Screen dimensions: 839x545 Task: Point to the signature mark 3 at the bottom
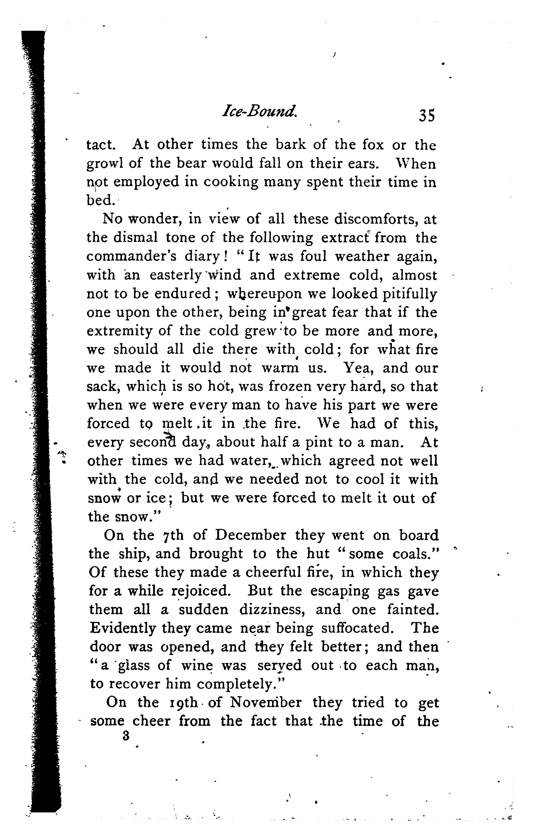click(x=125, y=736)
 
